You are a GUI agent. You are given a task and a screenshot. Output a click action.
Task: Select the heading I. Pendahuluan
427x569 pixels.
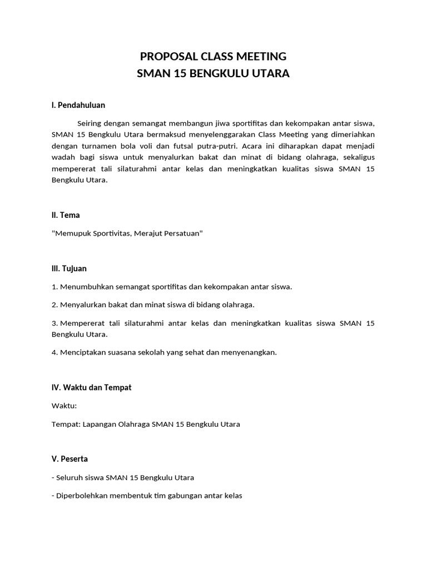pos(78,104)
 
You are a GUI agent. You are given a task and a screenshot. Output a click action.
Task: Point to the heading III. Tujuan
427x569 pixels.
pos(69,268)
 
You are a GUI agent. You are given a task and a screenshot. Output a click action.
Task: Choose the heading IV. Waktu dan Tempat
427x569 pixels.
pos(91,387)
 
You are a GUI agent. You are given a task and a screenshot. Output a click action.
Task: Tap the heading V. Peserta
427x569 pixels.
pos(69,459)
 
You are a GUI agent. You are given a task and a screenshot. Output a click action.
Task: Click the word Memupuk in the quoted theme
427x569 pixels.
pos(71,234)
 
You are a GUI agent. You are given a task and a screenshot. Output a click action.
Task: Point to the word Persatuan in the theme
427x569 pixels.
pos(183,234)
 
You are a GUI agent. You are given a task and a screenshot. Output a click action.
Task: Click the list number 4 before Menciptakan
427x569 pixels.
pos(54,352)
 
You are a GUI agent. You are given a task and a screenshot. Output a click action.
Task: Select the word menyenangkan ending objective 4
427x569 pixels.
pos(249,352)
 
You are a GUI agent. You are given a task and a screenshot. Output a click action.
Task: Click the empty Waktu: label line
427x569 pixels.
pos(64,406)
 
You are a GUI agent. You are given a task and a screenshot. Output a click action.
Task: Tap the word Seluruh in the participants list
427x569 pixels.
pos(70,477)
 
